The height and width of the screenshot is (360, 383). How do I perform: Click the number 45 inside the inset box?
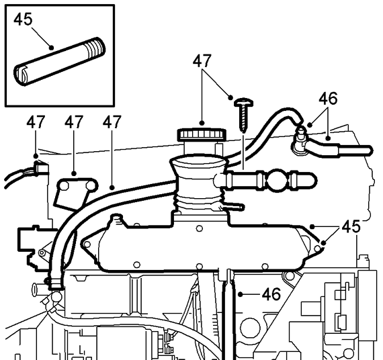pos(23,19)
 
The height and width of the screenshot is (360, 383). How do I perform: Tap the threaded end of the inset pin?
pos(97,48)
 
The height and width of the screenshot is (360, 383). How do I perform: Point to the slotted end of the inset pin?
pos(22,75)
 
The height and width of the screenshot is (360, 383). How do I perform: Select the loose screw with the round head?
pos(243,115)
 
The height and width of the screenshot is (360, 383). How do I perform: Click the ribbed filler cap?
pos(202,134)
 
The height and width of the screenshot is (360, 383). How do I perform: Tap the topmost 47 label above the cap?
pos(202,61)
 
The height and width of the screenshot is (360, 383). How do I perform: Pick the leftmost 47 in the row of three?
pos(36,122)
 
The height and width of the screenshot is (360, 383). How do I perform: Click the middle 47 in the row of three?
pos(74,122)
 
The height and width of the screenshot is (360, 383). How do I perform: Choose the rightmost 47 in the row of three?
pos(112,122)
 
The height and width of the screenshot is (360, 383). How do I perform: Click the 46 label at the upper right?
pos(328,99)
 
